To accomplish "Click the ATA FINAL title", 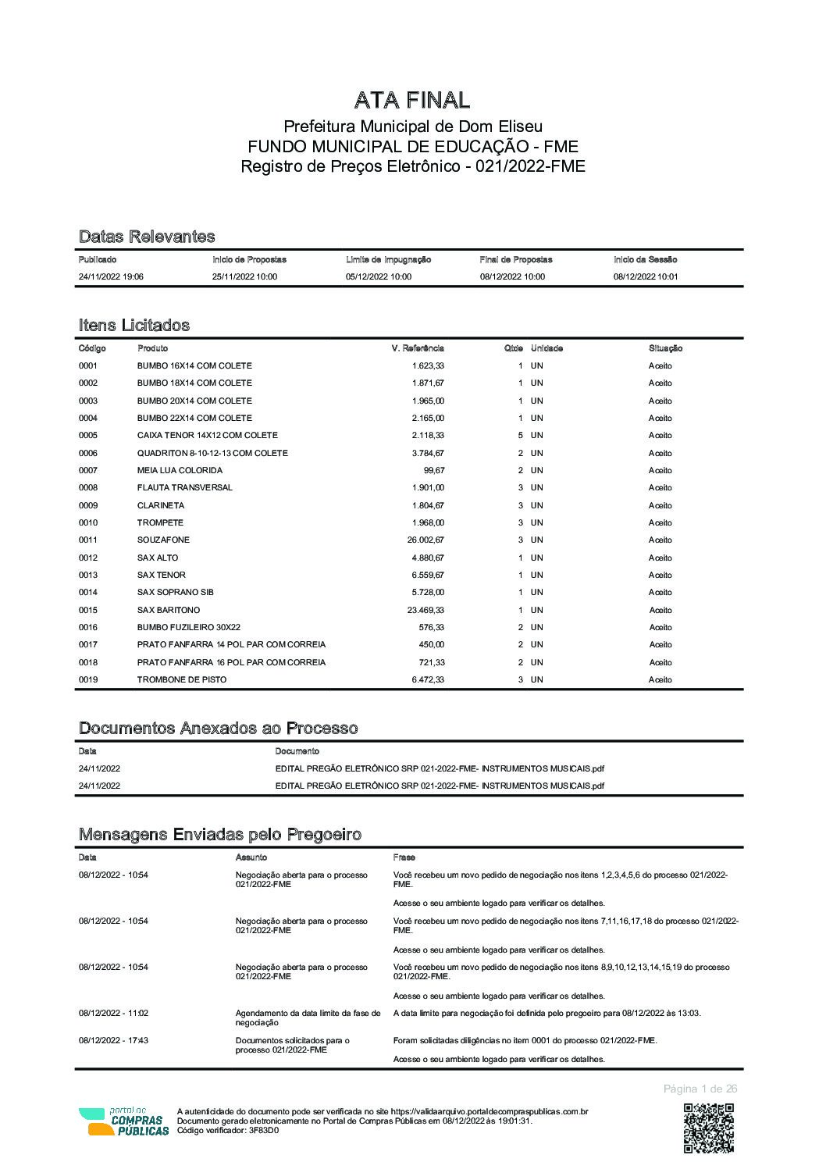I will (x=412, y=100).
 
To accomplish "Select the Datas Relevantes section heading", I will (x=147, y=237).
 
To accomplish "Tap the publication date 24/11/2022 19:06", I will (x=111, y=276).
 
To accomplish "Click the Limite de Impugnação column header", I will (x=388, y=259).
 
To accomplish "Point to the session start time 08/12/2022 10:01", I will (x=645, y=276).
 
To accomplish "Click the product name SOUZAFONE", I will (x=163, y=540).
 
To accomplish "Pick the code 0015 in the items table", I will (x=88, y=610).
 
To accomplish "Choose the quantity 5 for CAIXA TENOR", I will (x=521, y=435).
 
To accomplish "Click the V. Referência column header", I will (x=418, y=348).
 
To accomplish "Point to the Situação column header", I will (x=665, y=348).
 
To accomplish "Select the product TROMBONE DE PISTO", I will (x=182, y=679).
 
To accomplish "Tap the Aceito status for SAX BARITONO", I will (x=660, y=610).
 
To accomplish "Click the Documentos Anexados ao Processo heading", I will (x=219, y=729).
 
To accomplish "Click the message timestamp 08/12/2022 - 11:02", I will (x=113, y=1013).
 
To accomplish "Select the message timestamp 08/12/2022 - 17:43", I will (x=113, y=1040).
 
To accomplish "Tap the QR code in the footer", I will (x=709, y=1128).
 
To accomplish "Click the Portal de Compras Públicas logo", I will (x=123, y=1121).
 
